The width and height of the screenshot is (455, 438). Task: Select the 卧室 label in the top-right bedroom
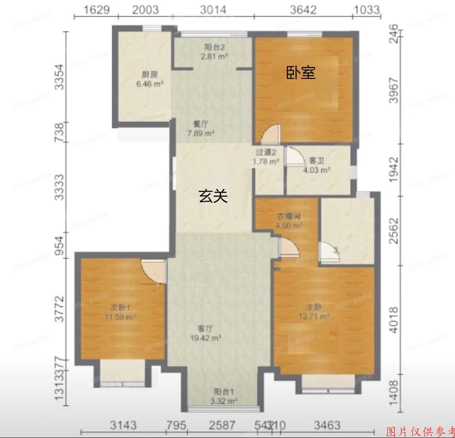click(301, 73)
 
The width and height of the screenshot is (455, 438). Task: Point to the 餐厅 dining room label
click(200, 124)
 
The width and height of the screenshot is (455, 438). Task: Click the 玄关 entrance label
click(213, 196)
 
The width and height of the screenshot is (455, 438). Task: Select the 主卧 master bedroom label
click(314, 307)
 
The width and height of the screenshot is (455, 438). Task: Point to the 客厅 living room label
click(205, 328)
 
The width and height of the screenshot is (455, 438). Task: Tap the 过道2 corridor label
click(266, 152)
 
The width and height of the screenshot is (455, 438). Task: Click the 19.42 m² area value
click(206, 338)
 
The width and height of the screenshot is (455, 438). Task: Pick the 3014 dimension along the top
click(213, 9)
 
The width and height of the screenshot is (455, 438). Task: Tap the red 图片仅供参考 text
click(420, 431)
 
